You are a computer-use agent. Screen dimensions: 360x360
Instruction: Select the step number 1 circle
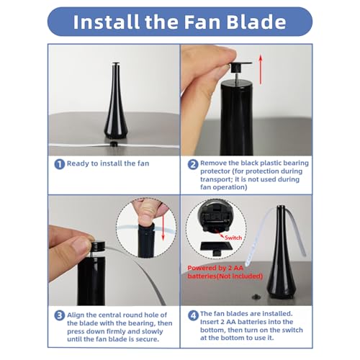coord(59,164)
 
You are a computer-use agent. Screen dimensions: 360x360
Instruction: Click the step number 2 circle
coord(192,164)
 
